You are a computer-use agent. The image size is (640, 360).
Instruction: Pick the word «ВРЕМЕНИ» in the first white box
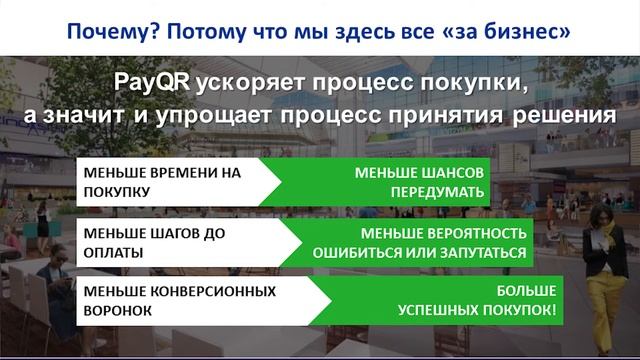(x=187, y=172)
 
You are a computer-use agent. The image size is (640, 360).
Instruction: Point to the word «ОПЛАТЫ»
(x=112, y=252)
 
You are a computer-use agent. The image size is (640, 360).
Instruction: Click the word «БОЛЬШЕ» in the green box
(x=526, y=291)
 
